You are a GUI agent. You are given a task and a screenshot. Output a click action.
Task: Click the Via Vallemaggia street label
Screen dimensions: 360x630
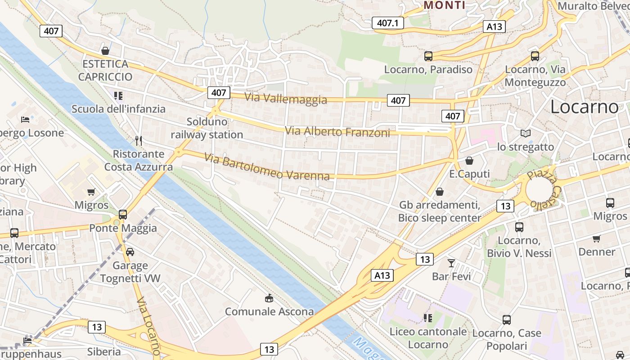[286, 98]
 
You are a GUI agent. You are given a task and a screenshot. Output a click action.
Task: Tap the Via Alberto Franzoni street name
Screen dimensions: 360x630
[337, 132]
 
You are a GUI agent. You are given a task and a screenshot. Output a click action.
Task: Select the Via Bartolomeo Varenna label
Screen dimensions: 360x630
[267, 166]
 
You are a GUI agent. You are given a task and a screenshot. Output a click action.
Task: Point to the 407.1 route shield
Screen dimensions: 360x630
[388, 23]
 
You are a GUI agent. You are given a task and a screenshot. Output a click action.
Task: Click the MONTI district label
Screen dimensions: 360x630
[445, 5]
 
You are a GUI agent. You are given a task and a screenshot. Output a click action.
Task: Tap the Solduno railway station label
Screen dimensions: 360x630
[207, 128]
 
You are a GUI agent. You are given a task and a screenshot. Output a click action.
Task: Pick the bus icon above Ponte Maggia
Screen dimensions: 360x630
[123, 215]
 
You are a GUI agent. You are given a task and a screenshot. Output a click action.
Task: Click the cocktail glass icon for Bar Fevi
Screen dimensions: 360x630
[451, 263]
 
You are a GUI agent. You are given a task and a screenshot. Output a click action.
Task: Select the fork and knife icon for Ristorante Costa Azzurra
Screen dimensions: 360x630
[139, 141]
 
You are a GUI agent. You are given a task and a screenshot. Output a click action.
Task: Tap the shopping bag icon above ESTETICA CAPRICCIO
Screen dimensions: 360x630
[105, 50]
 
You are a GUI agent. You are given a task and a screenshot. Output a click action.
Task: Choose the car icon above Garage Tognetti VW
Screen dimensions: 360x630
[130, 252]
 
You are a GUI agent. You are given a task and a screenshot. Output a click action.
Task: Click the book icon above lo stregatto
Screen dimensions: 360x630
[525, 133]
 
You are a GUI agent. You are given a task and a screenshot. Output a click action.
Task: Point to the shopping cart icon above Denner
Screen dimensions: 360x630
[597, 238]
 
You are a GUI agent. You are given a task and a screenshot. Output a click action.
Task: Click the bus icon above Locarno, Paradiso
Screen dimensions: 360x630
[428, 56]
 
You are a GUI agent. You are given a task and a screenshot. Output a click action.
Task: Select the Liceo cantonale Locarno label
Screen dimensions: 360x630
[428, 338]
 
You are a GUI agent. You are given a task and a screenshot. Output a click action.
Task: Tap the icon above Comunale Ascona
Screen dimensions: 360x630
[269, 298]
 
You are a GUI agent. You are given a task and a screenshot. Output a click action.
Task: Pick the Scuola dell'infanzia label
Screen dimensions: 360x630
[119, 109]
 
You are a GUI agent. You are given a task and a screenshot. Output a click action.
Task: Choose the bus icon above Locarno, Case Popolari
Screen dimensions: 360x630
[507, 320]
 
